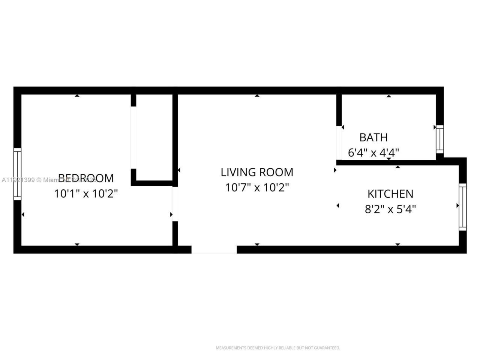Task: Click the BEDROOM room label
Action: tap(86, 178)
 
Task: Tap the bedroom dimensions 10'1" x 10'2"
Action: tap(86, 193)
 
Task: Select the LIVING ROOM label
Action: tap(257, 172)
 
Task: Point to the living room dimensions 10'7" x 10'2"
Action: tap(257, 187)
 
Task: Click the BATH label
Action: tap(373, 137)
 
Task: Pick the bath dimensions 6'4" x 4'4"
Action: tap(373, 153)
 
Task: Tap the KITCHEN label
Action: tap(390, 193)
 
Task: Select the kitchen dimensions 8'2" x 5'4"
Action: tap(390, 209)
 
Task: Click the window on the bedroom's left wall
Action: tap(17, 174)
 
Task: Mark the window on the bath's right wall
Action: tap(439, 139)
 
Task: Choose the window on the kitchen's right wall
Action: tap(463, 207)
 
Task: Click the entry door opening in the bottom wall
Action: tap(214, 250)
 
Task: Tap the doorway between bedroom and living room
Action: tap(175, 204)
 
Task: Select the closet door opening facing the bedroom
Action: tap(133, 138)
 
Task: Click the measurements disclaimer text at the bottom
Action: tap(277, 348)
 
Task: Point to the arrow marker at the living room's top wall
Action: tap(257, 96)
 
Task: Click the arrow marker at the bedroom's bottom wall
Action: tap(77, 244)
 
